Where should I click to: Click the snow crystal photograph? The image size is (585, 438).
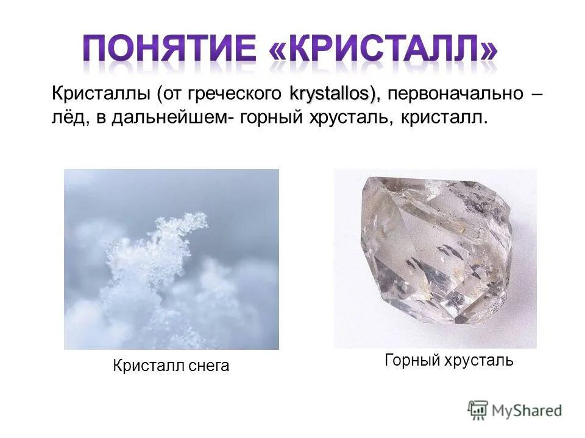pos(171,259)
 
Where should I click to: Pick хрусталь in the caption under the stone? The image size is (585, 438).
pos(478,360)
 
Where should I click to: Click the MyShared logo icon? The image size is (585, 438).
pos(478,409)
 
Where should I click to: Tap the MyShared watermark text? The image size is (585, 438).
pos(526,410)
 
